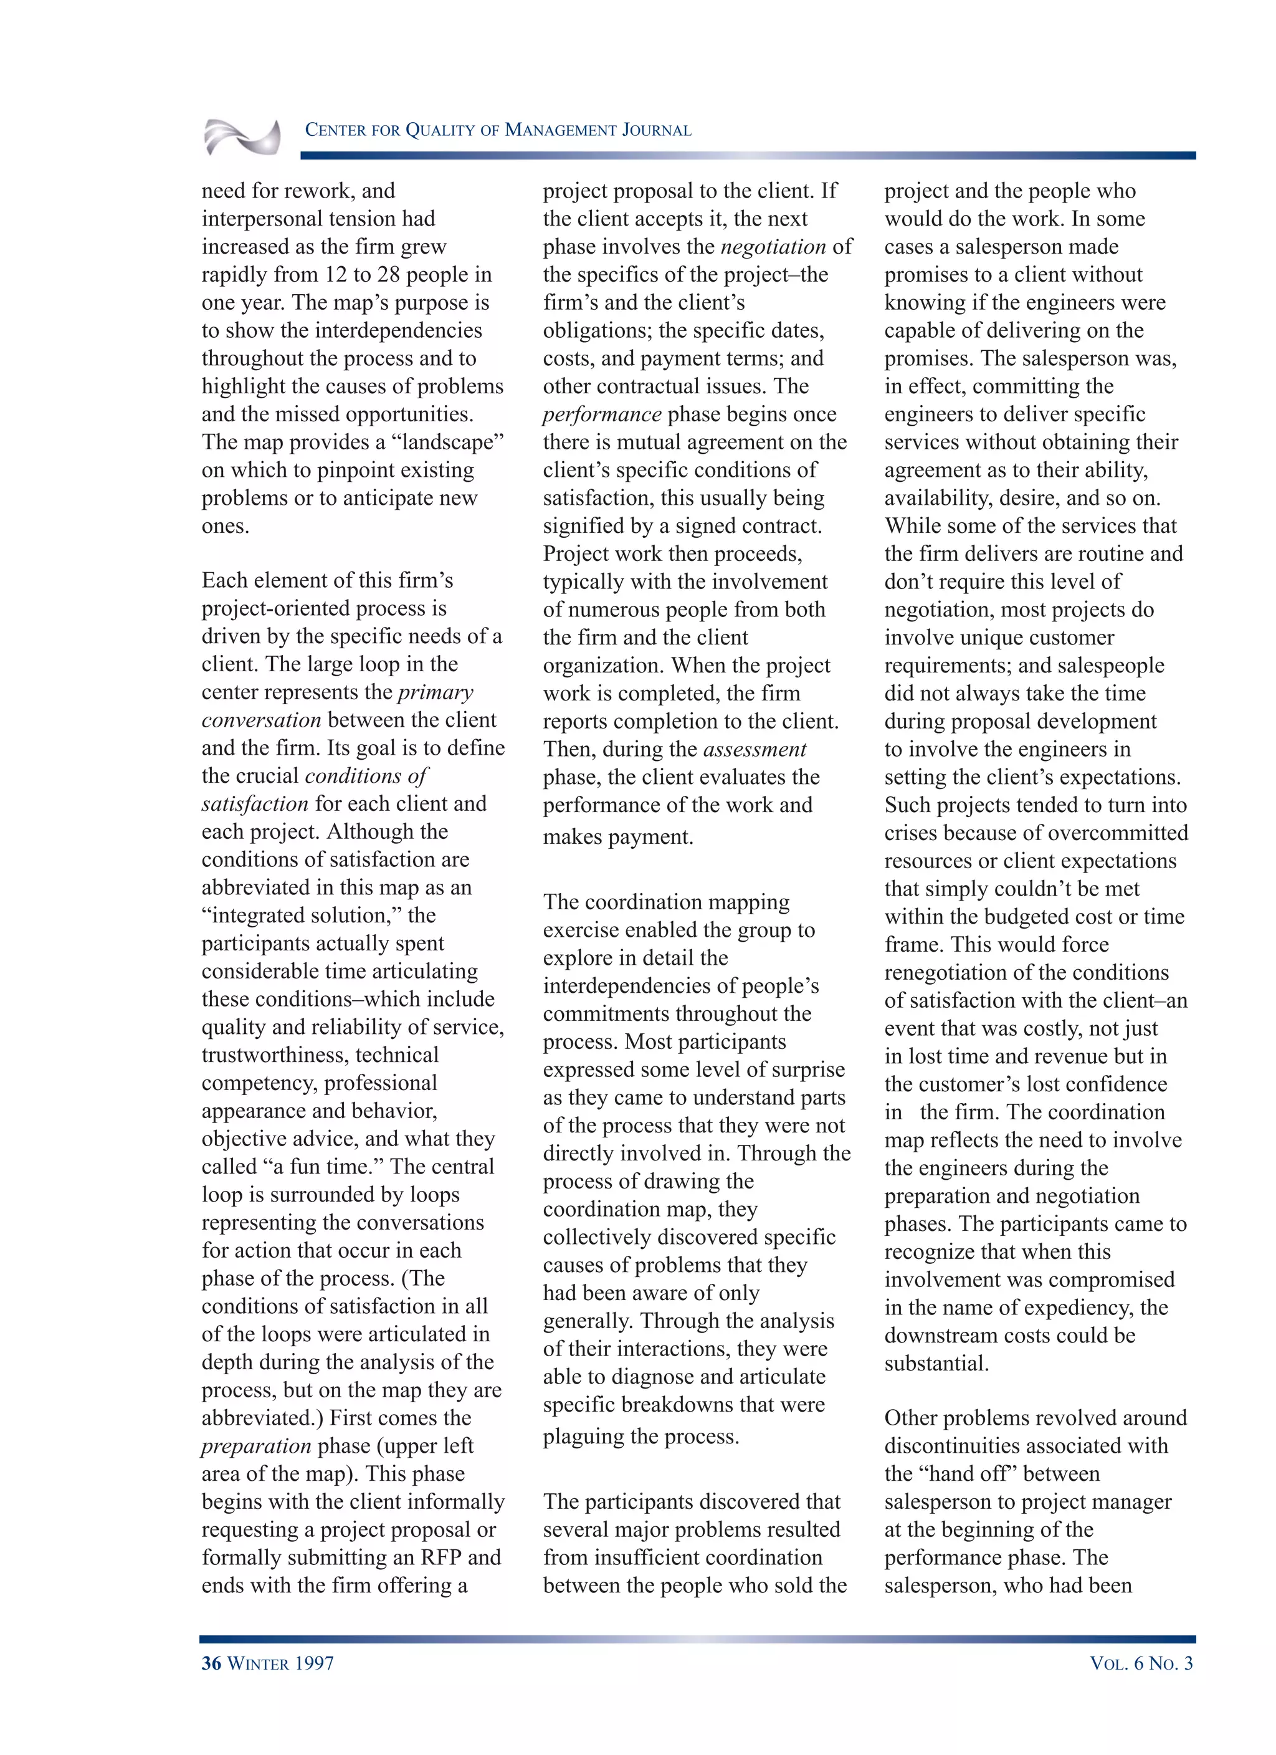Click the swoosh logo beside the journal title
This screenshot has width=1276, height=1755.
click(242, 138)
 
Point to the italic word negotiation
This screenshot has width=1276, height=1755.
click(773, 247)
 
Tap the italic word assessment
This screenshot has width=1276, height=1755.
click(755, 749)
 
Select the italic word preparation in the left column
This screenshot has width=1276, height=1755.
click(255, 1447)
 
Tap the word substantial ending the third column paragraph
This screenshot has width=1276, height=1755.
click(936, 1364)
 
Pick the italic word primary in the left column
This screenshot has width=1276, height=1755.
click(435, 692)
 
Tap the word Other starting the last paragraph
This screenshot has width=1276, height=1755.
click(912, 1418)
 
